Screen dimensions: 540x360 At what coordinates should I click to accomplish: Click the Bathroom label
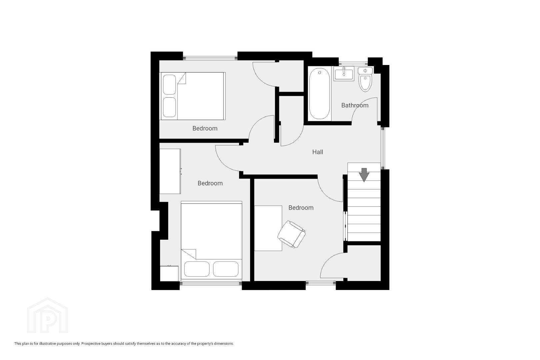355,105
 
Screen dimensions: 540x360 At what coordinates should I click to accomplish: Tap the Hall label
317,152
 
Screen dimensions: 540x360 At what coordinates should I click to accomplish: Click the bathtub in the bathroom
319,94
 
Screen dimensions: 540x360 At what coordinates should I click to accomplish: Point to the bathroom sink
344,74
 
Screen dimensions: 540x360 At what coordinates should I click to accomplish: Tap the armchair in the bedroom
291,234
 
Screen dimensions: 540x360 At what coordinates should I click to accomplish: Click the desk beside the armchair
268,228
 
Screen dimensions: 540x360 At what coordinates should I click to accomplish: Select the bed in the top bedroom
193,96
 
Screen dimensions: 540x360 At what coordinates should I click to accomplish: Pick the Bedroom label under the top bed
205,128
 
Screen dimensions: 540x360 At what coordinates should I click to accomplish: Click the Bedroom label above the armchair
301,208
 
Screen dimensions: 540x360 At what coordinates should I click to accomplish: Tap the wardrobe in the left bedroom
170,171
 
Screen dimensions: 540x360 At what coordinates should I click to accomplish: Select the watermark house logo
47,315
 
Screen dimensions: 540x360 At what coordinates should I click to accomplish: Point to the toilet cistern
365,71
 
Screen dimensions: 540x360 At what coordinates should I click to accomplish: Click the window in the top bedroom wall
210,58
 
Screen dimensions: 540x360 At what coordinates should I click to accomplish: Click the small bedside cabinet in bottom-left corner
169,273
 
